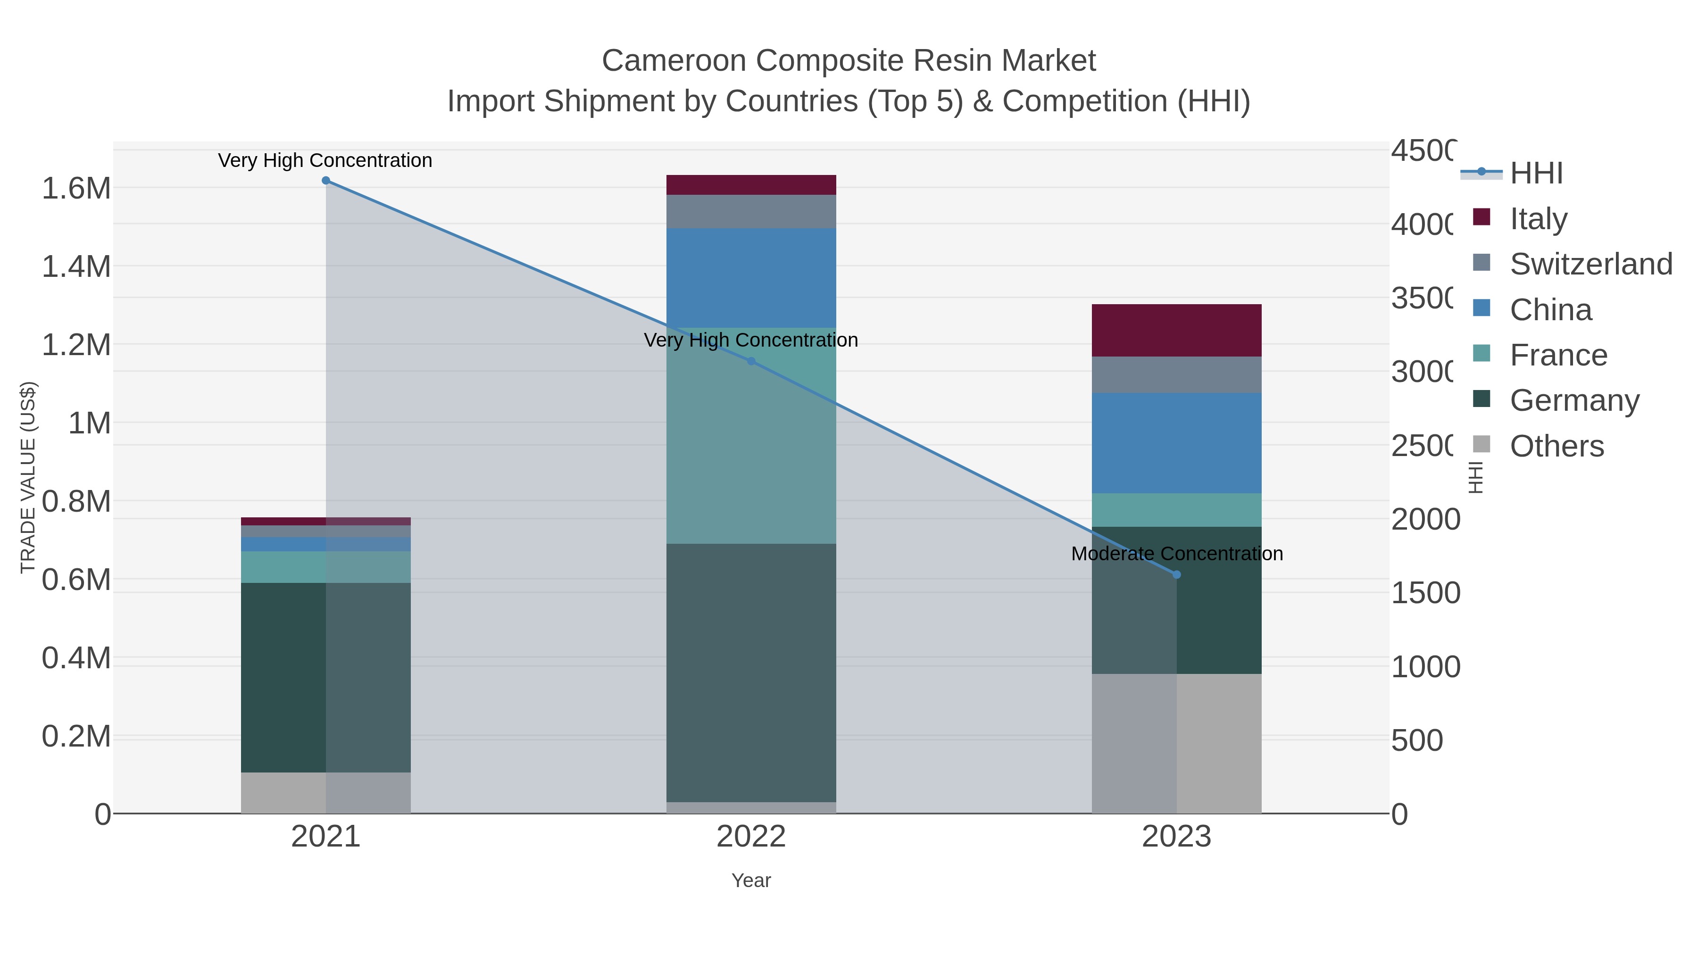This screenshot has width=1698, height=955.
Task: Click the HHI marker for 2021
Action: pos(325,181)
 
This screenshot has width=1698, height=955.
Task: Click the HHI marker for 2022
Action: pos(751,361)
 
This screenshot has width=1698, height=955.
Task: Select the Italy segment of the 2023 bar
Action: pos(1177,330)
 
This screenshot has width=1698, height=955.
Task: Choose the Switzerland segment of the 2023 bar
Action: pos(1177,374)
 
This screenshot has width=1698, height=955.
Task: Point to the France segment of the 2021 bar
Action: pos(283,567)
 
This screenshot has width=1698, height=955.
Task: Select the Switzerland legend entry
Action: pos(1590,264)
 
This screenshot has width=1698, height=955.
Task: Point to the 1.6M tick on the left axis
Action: pos(76,189)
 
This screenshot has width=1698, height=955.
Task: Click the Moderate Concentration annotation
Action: pos(1177,554)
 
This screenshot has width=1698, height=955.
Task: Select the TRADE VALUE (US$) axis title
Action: pos(28,477)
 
